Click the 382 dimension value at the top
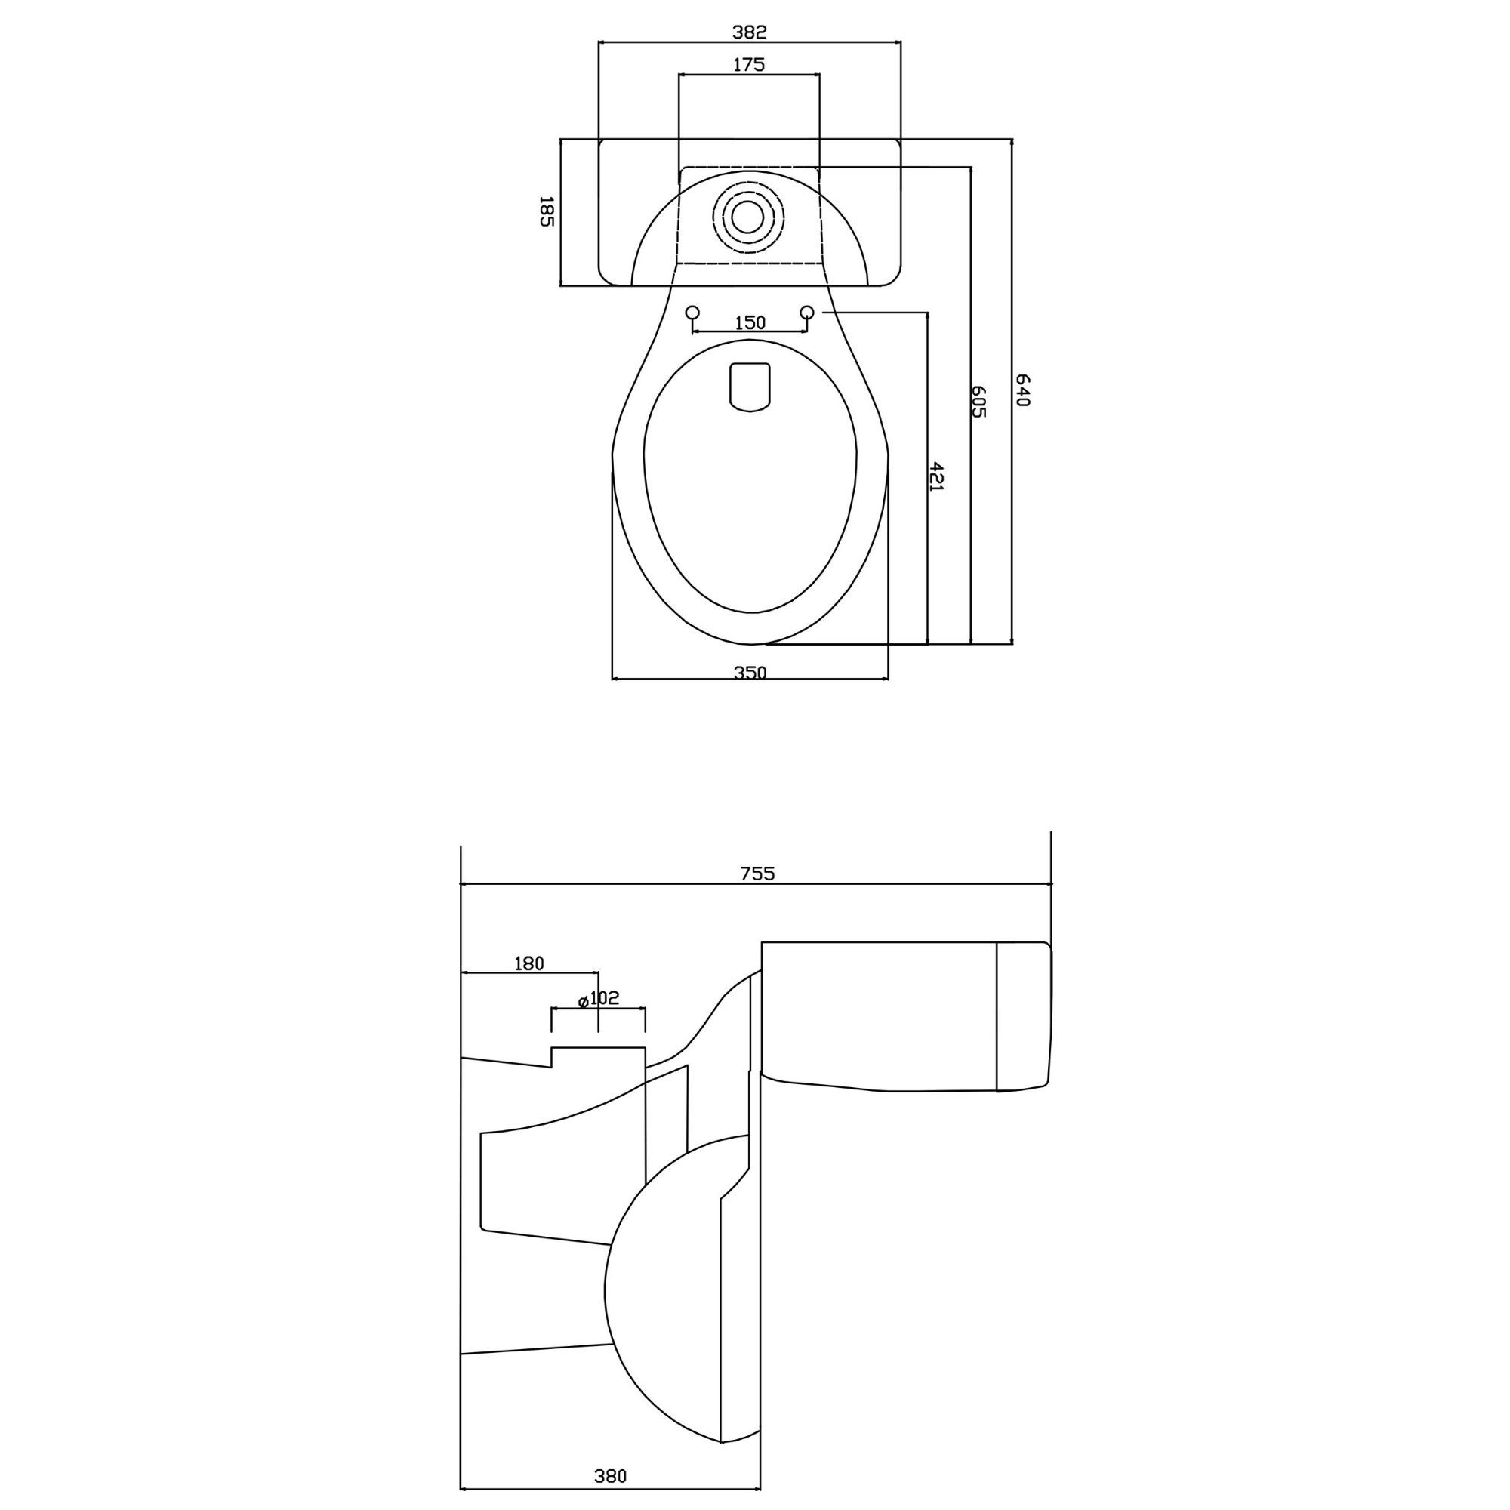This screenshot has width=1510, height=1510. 750,32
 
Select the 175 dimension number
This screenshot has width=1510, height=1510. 749,65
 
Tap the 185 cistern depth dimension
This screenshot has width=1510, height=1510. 547,211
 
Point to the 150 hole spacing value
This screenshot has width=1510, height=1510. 750,322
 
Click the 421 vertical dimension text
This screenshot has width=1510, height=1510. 938,476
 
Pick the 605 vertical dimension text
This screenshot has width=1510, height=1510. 979,401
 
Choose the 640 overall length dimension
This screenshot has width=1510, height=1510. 1022,390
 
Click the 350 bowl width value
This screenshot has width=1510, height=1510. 750,671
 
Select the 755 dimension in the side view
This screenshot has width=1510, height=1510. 757,873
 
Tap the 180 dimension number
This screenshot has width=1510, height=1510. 528,963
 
